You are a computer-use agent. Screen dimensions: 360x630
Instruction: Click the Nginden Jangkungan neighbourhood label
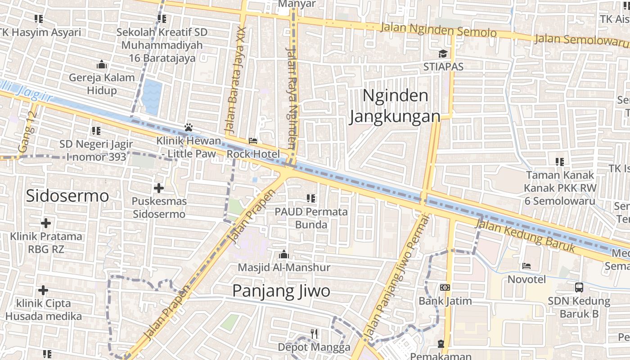coord(395,106)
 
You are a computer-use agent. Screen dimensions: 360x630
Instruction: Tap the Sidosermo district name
coord(67,196)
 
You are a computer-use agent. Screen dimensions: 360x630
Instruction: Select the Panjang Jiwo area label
coord(281,291)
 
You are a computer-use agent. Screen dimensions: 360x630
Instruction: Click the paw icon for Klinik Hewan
coord(189,127)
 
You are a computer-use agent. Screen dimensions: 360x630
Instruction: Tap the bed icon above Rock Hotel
coord(253,141)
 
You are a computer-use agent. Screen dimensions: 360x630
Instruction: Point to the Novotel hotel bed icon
coord(526,266)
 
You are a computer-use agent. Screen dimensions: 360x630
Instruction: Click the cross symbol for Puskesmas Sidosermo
coord(159,188)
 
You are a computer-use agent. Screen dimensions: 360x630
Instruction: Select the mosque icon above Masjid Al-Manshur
coord(283,254)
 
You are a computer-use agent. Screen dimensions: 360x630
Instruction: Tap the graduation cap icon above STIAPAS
coord(443,54)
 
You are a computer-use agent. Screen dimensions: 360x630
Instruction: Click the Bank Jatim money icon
coord(445,288)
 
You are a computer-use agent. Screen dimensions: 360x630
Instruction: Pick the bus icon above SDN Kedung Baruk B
coord(579,288)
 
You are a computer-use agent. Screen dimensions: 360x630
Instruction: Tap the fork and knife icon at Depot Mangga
coord(314,334)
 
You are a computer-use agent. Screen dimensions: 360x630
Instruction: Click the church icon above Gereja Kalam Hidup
coord(102,64)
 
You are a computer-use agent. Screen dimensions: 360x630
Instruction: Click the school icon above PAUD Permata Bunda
coord(310,198)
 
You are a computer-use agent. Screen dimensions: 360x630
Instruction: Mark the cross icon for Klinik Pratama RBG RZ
coord(45,223)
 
